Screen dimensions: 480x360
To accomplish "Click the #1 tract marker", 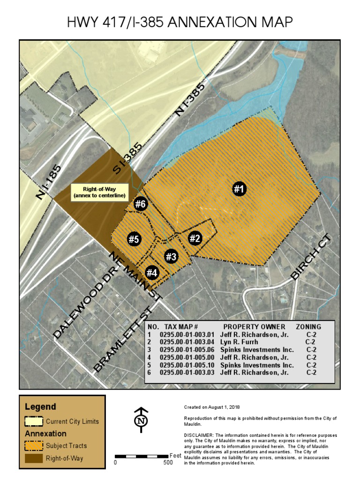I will click(x=239, y=189).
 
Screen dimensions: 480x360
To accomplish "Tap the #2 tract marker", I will click(x=195, y=238).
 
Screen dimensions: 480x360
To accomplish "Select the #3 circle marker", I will click(x=171, y=256).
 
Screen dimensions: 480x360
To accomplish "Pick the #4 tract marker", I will click(x=152, y=272).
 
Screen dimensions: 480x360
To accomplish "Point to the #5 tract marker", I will click(x=134, y=239).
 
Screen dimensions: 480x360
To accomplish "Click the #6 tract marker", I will click(x=141, y=204).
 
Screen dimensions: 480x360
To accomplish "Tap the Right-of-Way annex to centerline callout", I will click(x=100, y=192).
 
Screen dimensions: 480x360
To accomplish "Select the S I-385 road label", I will click(x=124, y=159).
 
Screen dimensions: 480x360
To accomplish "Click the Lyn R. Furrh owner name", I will click(x=239, y=343).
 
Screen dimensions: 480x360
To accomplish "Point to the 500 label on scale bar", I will click(x=168, y=463).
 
